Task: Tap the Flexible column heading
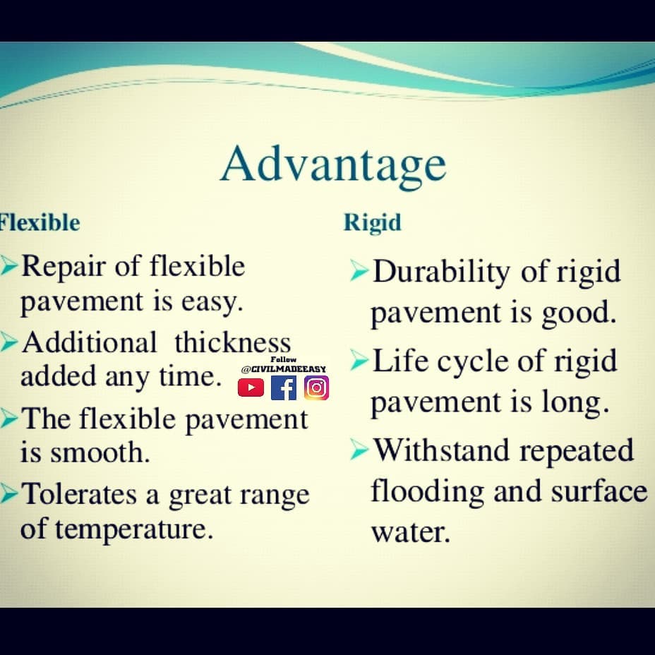[x=40, y=222]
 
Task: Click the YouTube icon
[x=251, y=387]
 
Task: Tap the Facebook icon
[x=284, y=387]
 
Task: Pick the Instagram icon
[x=317, y=387]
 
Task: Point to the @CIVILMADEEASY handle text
[x=284, y=369]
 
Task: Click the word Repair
[x=63, y=268]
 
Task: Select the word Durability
[x=441, y=272]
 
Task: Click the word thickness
[x=233, y=342]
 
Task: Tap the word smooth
[x=100, y=452]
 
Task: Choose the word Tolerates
[x=79, y=494]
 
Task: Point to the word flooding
[x=427, y=492]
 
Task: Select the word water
[x=411, y=532]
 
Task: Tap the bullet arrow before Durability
[x=359, y=270]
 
